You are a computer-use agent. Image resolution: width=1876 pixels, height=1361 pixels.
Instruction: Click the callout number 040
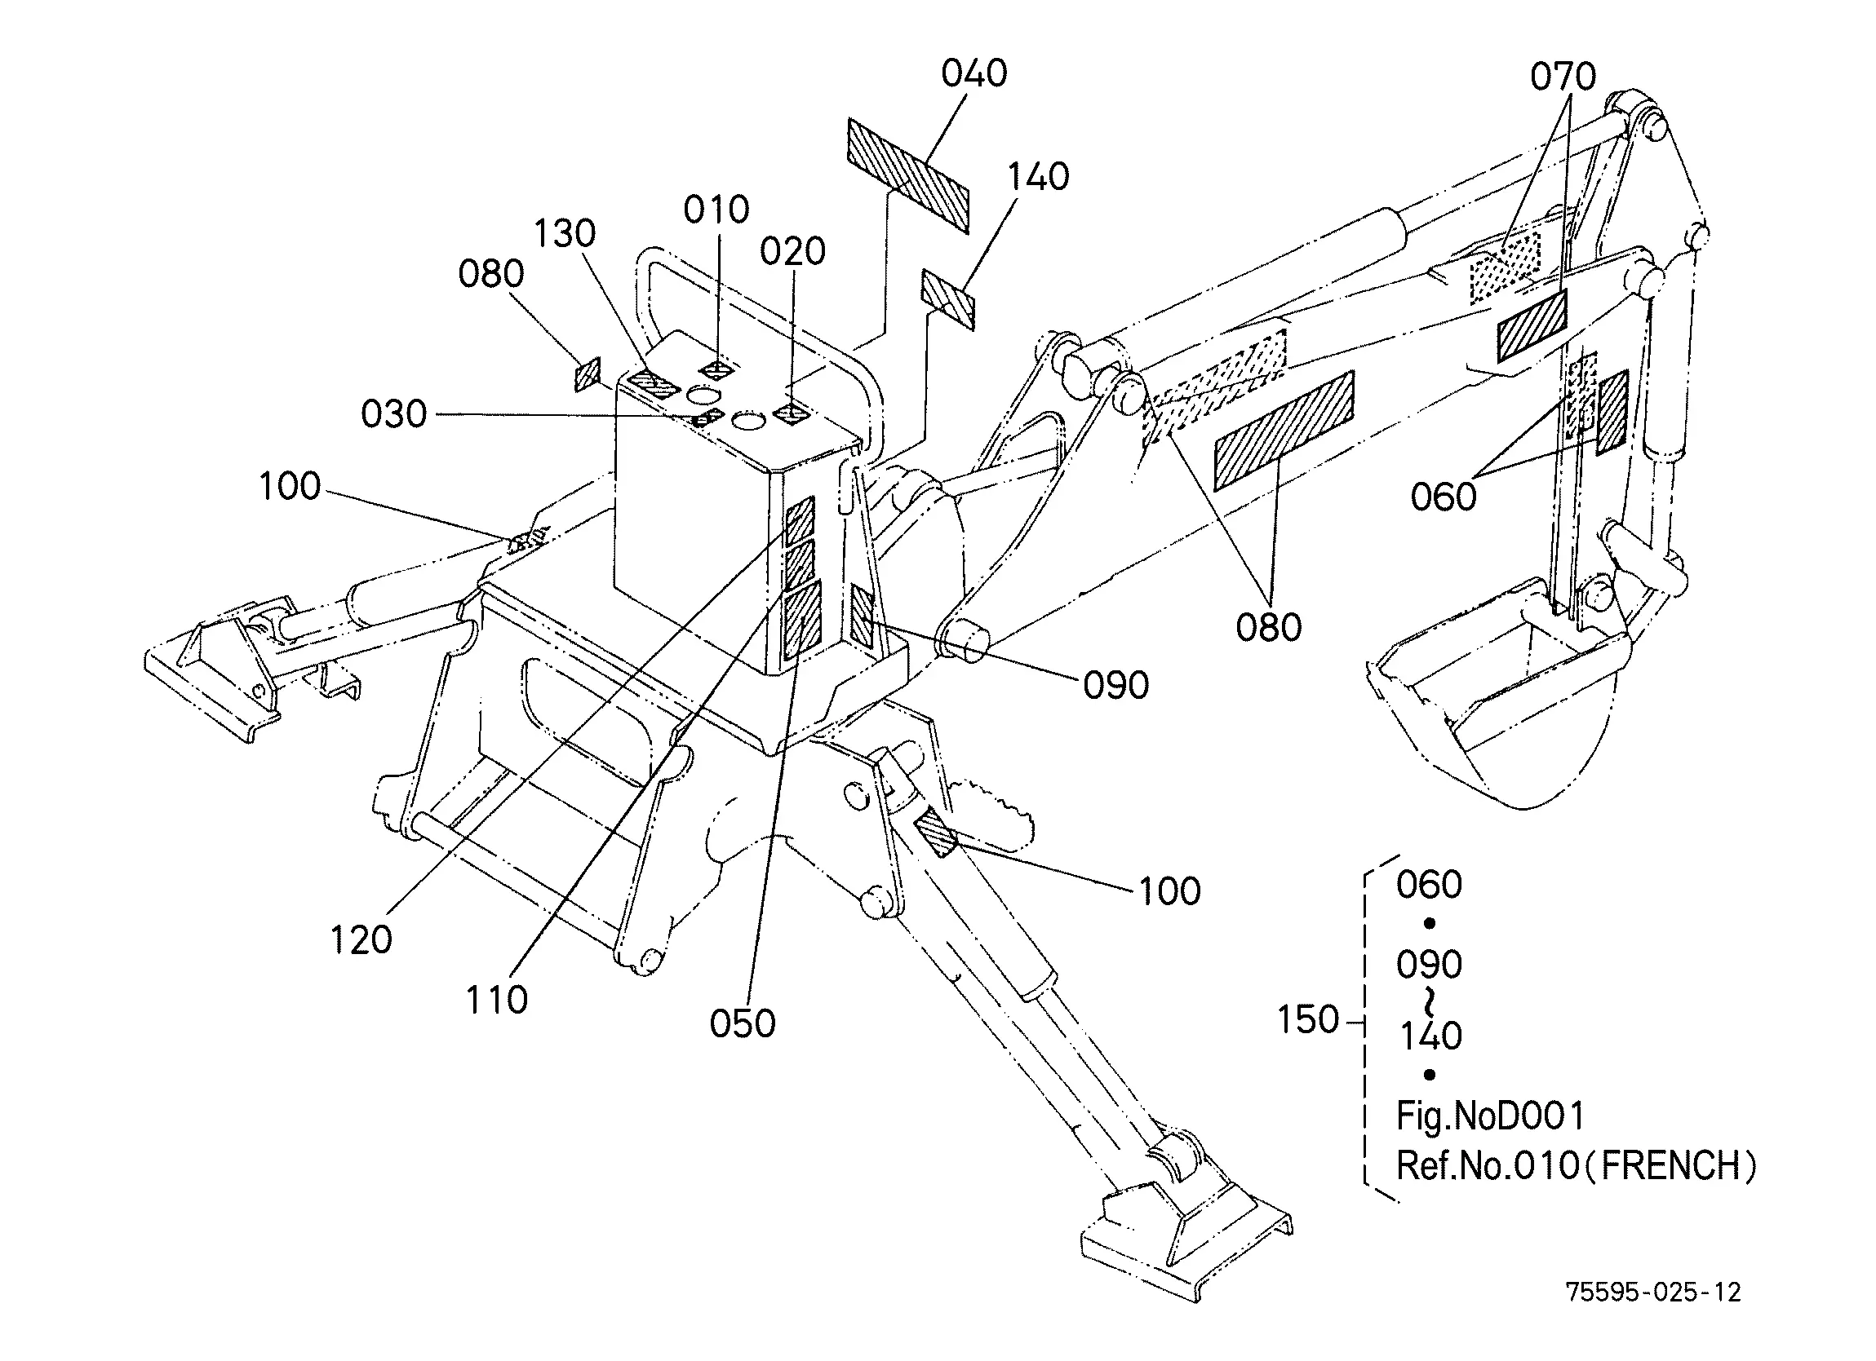pos(973,73)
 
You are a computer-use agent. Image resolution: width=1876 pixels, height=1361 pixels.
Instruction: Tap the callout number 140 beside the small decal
pos(1038,177)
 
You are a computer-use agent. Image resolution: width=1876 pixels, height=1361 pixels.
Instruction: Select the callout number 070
pos(1563,77)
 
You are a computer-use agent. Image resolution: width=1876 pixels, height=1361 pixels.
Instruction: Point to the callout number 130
pos(564,233)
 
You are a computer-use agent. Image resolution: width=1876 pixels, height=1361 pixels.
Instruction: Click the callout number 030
pos(394,413)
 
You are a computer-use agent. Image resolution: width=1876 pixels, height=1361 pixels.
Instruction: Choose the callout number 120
pos(361,939)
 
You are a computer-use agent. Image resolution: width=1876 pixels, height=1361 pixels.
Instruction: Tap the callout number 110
pos(496,1000)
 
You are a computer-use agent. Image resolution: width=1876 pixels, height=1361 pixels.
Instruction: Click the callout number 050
pos(742,1023)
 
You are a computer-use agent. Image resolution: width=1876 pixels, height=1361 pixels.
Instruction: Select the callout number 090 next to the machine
pos(1115,686)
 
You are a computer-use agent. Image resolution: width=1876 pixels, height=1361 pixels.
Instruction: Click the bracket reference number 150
pos(1308,1019)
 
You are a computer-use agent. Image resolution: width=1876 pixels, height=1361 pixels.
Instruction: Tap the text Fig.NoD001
pos(1491,1116)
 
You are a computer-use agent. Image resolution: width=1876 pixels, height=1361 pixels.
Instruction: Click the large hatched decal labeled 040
pos(907,175)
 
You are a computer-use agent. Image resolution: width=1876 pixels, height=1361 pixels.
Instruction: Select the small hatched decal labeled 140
pos(948,298)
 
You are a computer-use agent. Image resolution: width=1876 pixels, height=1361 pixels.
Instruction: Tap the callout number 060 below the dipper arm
pos(1444,497)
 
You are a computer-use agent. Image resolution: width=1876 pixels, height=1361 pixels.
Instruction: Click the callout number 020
pos(792,251)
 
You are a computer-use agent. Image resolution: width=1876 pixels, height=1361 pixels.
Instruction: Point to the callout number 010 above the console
pos(716,210)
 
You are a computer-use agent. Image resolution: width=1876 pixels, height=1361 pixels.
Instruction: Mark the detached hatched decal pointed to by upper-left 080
pos(588,374)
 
